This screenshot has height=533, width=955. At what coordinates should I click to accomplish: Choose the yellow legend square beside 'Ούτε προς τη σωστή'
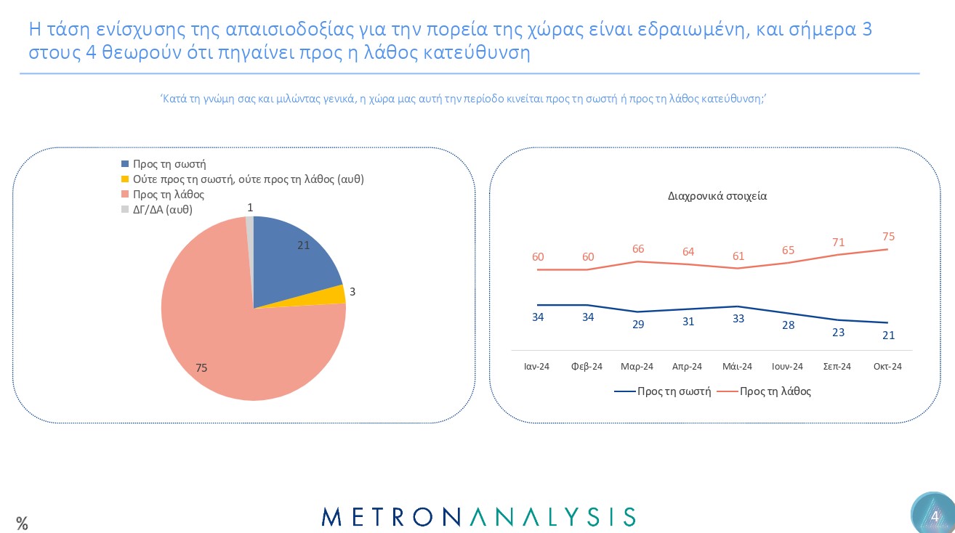point(125,179)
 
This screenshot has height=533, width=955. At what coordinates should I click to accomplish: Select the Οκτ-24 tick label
point(887,367)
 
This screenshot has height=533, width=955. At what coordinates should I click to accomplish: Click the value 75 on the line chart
point(887,237)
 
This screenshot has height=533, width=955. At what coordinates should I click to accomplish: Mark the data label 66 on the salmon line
point(638,248)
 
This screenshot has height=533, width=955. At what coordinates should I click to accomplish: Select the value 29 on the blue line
point(638,325)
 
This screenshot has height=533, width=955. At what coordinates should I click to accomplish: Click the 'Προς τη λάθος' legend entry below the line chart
point(775,391)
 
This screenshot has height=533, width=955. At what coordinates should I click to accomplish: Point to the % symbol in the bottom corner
point(22,523)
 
